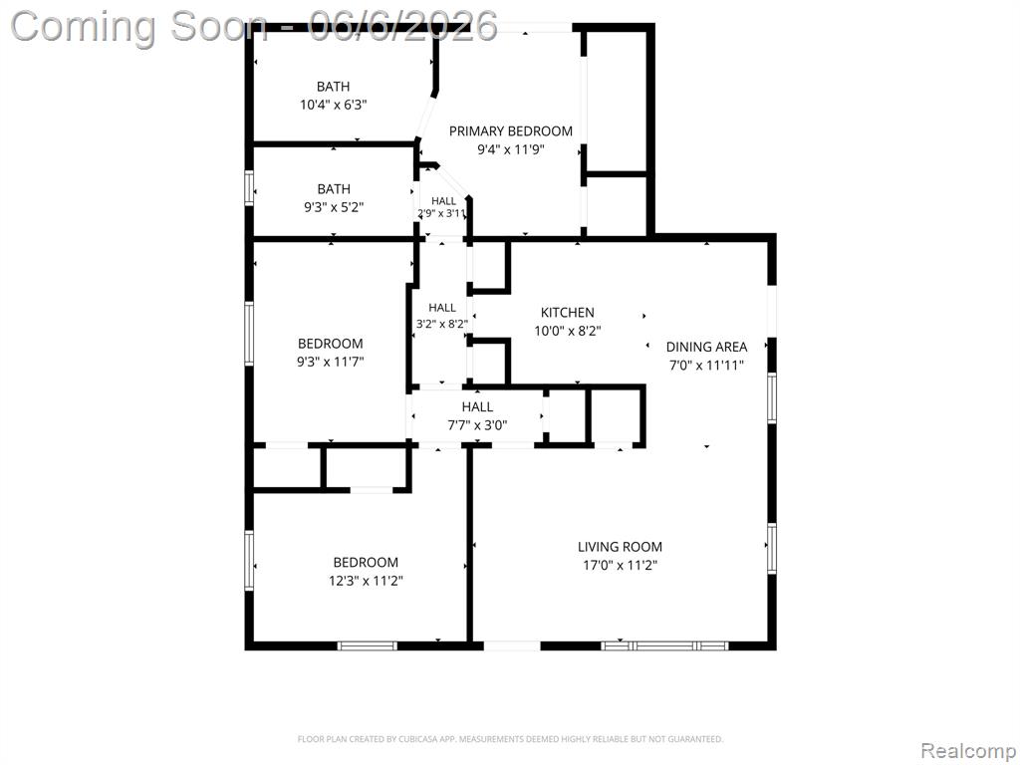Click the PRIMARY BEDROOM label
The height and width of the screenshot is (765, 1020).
tap(511, 131)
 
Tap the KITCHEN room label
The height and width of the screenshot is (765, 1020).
tap(567, 312)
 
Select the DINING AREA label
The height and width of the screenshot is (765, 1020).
tap(706, 347)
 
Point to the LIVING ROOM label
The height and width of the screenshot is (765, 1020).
tap(620, 547)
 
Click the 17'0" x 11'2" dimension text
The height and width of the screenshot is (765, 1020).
tap(620, 566)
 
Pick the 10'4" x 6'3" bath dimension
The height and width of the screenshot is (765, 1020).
tap(333, 105)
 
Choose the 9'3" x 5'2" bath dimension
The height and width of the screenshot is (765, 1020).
tap(334, 207)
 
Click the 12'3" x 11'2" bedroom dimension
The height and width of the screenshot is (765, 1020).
tap(366, 581)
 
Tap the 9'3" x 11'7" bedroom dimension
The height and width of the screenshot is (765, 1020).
tap(331, 362)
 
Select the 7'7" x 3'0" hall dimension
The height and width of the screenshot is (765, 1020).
tap(477, 426)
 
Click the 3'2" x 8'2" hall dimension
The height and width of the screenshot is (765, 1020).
tap(441, 323)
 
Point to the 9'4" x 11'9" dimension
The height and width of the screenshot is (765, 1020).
tap(511, 149)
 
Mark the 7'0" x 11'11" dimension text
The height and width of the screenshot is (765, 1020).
tap(706, 365)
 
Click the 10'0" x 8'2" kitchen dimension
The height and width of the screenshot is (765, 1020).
tap(567, 331)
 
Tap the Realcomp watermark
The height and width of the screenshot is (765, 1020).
tap(968, 751)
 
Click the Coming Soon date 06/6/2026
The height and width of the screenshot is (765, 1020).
tap(402, 26)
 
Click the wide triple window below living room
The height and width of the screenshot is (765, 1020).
tap(664, 645)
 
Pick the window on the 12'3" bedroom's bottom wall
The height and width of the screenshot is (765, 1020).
tap(367, 645)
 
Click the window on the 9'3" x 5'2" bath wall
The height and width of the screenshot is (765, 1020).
tap(249, 188)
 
